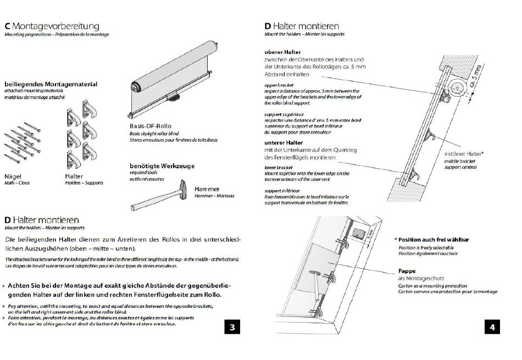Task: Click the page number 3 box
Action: coord(232,328)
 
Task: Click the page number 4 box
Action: coord(492,328)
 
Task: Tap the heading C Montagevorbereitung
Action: coord(52,26)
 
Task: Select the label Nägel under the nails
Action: coord(13,176)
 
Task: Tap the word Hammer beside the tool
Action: coord(207,189)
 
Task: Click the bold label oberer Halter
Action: coord(282,52)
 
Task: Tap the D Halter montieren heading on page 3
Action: coord(41,220)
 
